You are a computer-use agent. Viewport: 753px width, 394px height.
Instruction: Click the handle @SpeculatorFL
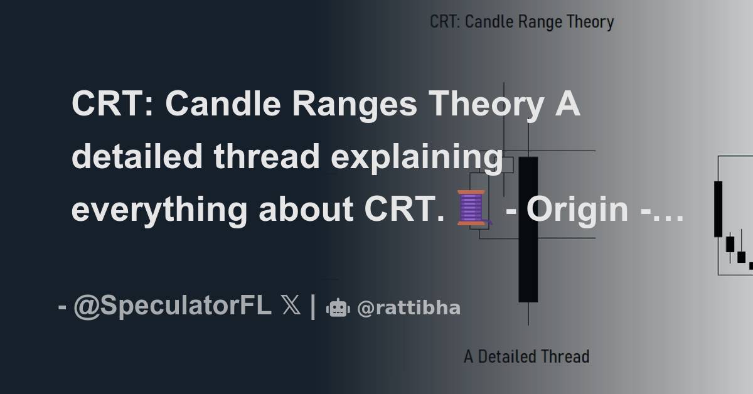tap(173, 307)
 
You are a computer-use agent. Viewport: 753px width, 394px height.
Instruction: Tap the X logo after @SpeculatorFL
tap(291, 307)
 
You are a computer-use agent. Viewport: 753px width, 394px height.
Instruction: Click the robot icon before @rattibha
tap(337, 307)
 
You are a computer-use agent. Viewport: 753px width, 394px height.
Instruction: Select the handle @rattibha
tap(409, 308)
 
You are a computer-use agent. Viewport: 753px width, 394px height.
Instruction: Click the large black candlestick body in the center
tap(528, 229)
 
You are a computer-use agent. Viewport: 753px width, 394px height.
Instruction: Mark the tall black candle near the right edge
tap(718, 208)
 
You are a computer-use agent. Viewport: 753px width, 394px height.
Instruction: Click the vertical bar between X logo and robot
tap(312, 307)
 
